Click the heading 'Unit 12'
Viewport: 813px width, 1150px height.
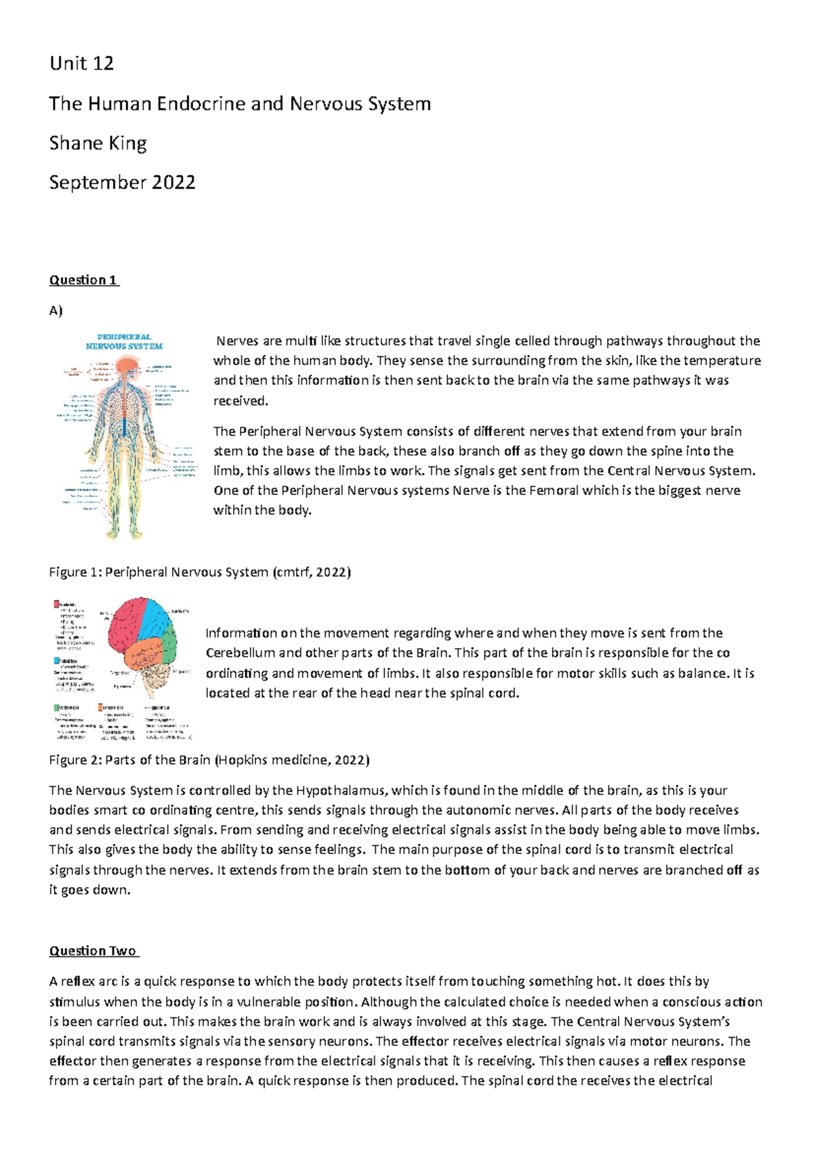coord(81,64)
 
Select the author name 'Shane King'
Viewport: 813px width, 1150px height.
coord(98,143)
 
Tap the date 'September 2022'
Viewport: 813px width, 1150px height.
coord(122,182)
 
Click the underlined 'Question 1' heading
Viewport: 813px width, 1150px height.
coord(83,280)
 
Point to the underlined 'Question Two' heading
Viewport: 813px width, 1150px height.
coord(93,951)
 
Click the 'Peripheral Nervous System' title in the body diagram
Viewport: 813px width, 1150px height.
coord(124,341)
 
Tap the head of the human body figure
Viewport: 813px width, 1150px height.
coord(125,366)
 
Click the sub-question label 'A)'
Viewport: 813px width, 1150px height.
coord(56,311)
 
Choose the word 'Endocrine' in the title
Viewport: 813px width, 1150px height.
coord(201,104)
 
